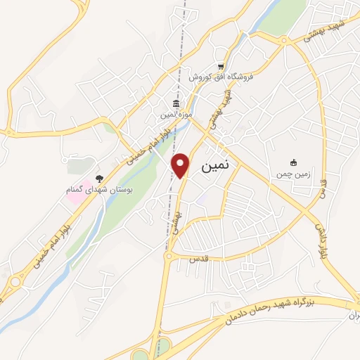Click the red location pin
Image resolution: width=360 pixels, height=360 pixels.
[x=181, y=165]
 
